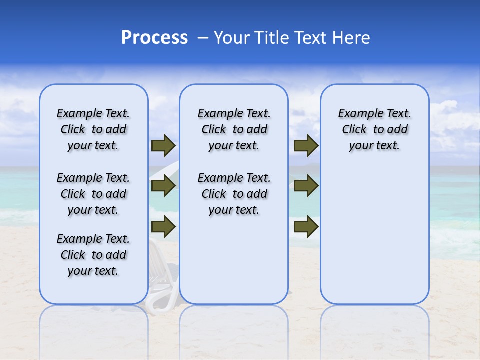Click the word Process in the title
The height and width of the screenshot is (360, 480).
coord(154,38)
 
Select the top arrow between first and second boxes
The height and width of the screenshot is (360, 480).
coord(163,145)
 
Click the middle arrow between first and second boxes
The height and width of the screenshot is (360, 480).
coord(163,186)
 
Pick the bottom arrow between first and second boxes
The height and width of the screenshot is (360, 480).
coord(163,226)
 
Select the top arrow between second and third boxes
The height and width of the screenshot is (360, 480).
coord(306,145)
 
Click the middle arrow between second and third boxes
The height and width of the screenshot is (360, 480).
coord(306,186)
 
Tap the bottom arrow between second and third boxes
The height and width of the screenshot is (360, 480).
coord(306,226)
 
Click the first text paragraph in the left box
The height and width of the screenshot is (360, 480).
coord(93,129)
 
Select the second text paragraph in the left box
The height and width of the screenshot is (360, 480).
coord(93,194)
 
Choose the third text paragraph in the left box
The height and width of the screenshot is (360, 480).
coord(93,255)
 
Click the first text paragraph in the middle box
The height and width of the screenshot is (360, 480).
coord(234,129)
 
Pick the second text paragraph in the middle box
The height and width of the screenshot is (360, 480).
coord(234,194)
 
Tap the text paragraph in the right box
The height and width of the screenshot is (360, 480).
coord(374,129)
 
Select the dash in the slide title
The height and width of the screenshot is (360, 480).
coord(203,38)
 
